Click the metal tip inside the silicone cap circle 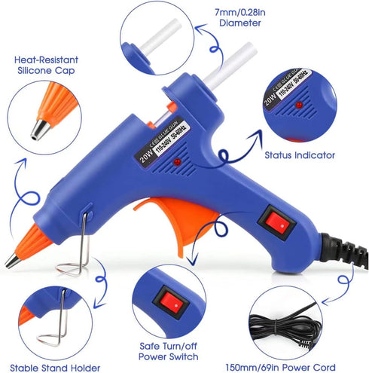click(35, 134)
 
